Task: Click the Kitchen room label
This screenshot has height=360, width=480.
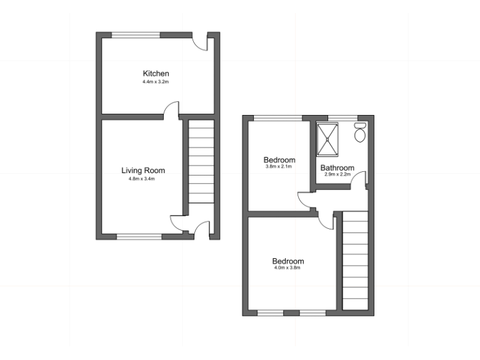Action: pos(156,74)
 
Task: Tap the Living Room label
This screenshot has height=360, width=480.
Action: pos(143,170)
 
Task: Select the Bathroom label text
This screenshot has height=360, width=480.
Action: pos(337,167)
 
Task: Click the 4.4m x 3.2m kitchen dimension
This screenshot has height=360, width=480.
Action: pos(156,82)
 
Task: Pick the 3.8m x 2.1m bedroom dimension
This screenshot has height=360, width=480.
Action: pos(279,167)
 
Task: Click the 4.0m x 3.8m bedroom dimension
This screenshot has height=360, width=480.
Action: pos(287,268)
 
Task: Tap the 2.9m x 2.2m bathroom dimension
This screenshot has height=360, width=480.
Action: pos(337,175)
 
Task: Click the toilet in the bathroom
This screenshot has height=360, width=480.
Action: pos(360,132)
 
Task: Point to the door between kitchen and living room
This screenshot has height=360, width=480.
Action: pos(171,111)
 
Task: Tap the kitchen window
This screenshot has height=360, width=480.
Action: pos(136,34)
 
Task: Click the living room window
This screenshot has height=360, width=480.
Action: pos(139,236)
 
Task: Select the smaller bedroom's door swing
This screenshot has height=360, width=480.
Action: pos(304,199)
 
